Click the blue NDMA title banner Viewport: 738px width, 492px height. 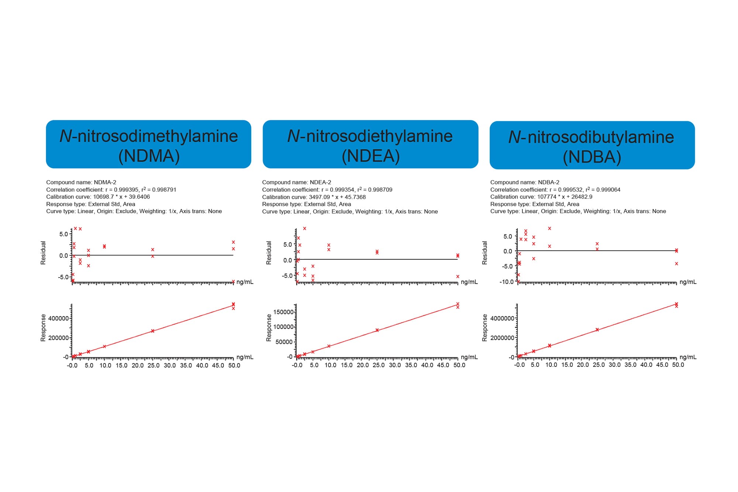click(x=148, y=144)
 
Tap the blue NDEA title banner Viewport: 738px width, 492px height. click(x=370, y=144)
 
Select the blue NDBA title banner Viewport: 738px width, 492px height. click(x=592, y=145)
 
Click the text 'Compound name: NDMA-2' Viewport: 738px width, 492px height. click(x=81, y=182)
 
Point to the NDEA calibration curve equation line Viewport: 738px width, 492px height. click(x=314, y=197)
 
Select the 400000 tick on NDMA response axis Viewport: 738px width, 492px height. click(x=58, y=319)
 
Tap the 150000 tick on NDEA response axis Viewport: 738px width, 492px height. click(x=283, y=312)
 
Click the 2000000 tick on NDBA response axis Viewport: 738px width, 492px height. click(x=501, y=338)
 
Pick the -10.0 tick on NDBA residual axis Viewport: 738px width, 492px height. click(x=507, y=282)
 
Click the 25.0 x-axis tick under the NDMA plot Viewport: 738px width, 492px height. click(x=154, y=365)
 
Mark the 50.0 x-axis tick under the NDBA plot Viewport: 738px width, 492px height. click(x=678, y=365)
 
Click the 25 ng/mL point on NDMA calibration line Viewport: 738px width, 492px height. click(x=153, y=331)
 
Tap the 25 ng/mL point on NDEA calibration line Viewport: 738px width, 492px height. click(x=377, y=330)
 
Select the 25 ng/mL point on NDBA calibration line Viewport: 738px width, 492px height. click(x=597, y=330)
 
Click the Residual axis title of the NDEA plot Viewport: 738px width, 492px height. click(x=269, y=253)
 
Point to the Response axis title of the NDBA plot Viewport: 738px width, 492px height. click(x=485, y=328)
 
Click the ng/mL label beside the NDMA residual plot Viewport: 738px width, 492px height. click(x=245, y=282)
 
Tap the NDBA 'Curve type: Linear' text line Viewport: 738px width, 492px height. click(x=578, y=211)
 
